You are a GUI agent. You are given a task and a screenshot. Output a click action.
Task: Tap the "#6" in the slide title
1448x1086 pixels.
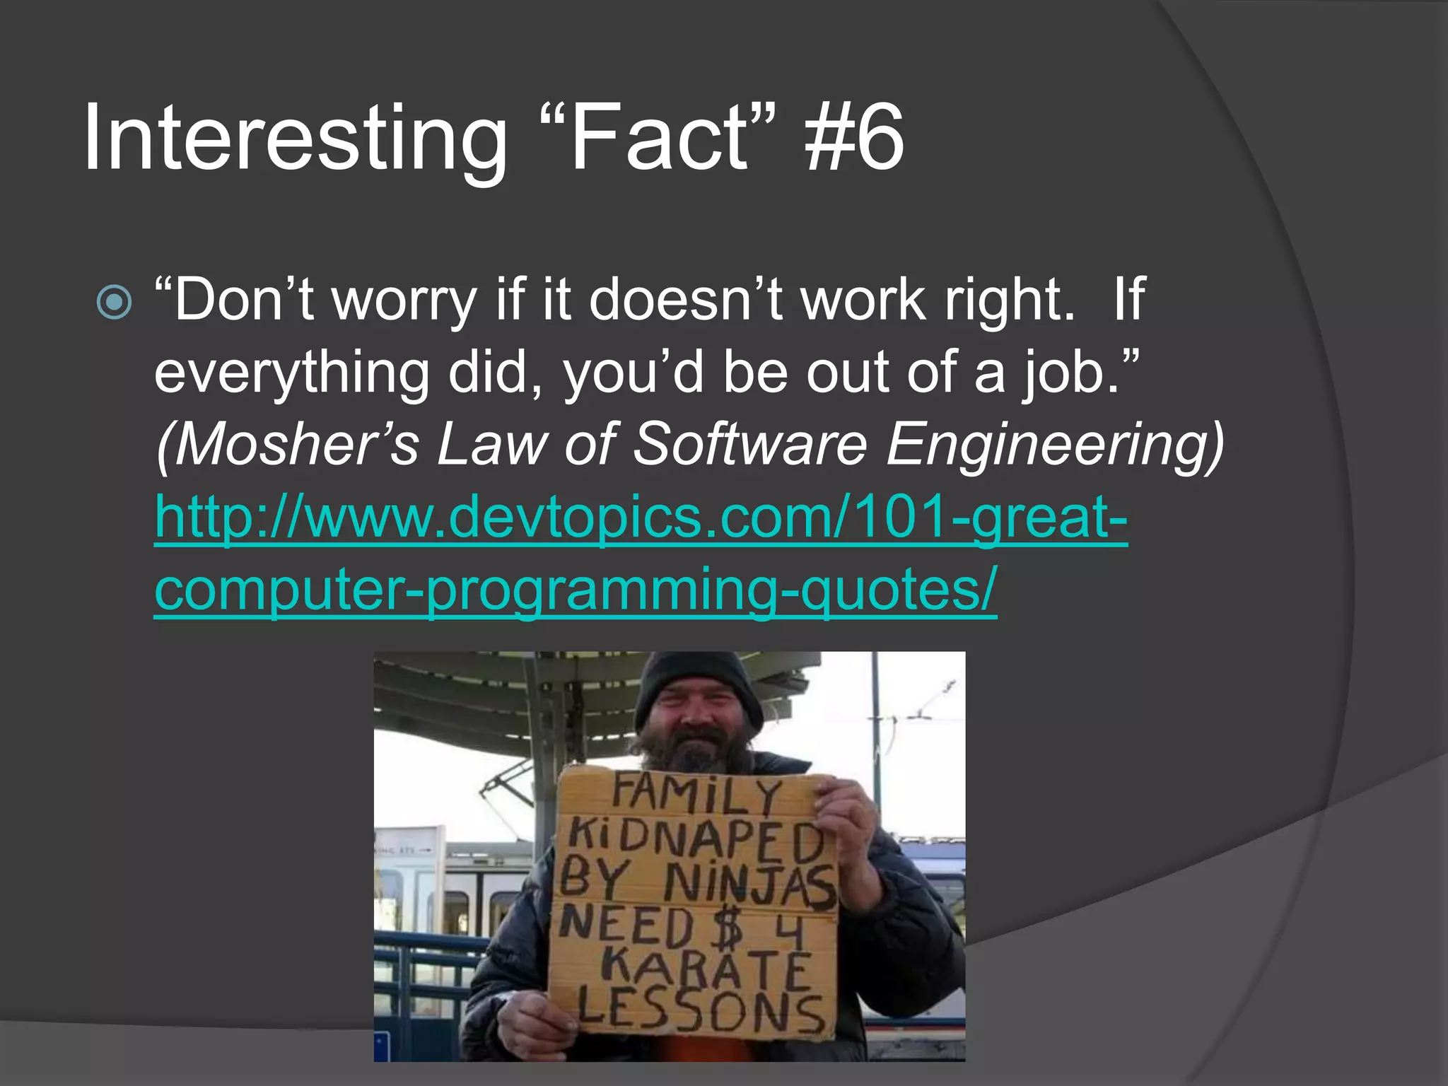click(854, 138)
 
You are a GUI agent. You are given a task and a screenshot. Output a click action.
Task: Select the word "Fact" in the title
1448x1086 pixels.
click(658, 138)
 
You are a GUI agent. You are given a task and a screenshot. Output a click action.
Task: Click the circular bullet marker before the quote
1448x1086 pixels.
click(114, 302)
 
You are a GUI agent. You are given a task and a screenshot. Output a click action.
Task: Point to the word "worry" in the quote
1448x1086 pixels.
click(404, 300)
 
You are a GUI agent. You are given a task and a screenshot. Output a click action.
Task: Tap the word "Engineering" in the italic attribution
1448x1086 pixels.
click(1054, 445)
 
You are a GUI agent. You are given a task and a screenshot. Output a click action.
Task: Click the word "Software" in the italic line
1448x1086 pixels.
click(749, 445)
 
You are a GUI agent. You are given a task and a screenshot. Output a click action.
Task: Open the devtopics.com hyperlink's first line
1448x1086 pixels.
click(641, 517)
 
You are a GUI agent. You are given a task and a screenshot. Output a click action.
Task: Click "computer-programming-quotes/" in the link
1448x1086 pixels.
click(576, 590)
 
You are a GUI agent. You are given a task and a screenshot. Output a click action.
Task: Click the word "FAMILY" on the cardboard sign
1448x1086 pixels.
click(696, 795)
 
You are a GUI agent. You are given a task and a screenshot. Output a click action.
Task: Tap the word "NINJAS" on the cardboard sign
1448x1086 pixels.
click(749, 888)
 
